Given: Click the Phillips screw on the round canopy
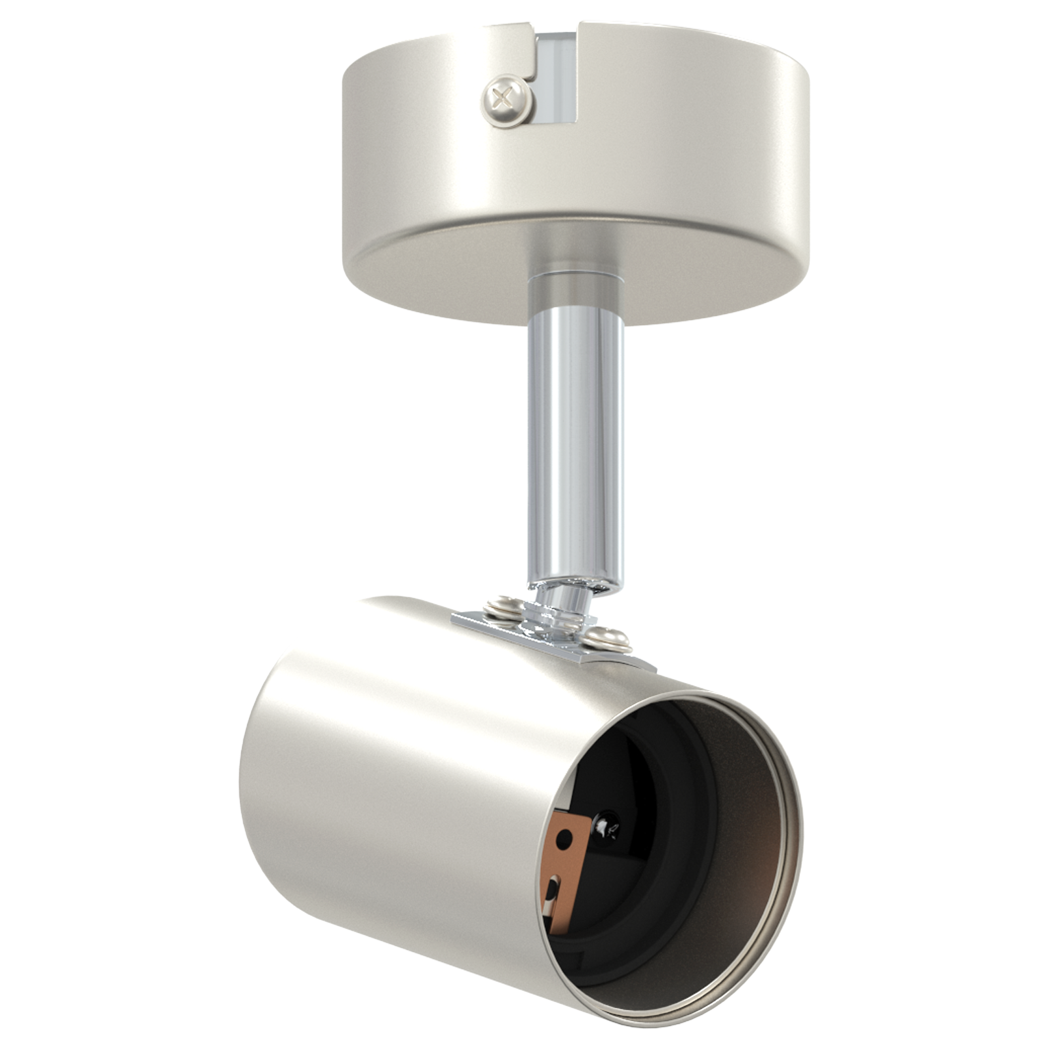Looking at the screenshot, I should tap(506, 100).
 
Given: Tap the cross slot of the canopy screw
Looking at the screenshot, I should tap(504, 100).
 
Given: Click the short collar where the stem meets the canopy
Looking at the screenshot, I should tap(575, 288).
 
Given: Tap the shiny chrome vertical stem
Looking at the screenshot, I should tap(575, 446).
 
